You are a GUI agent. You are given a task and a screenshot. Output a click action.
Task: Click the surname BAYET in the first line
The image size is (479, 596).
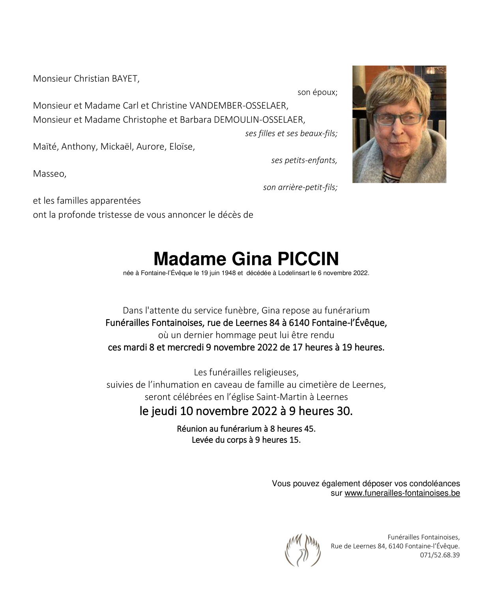tap(125, 79)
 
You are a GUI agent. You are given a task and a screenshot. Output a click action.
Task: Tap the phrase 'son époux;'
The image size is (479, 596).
tap(317, 92)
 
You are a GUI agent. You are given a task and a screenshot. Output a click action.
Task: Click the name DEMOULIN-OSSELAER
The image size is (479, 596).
tap(259, 120)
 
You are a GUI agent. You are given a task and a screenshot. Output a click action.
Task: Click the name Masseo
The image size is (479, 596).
tap(49, 174)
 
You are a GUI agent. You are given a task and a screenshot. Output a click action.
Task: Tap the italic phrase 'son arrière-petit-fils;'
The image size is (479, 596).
tap(300, 188)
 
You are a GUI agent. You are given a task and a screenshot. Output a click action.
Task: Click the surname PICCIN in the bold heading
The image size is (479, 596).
tap(308, 259)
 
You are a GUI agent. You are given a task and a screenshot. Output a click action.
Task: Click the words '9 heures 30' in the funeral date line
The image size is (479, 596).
tap(320, 412)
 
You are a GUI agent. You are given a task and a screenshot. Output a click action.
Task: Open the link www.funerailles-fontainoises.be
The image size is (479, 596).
tap(402, 493)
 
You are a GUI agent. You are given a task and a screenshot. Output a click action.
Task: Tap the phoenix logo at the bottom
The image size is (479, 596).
tap(303, 550)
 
